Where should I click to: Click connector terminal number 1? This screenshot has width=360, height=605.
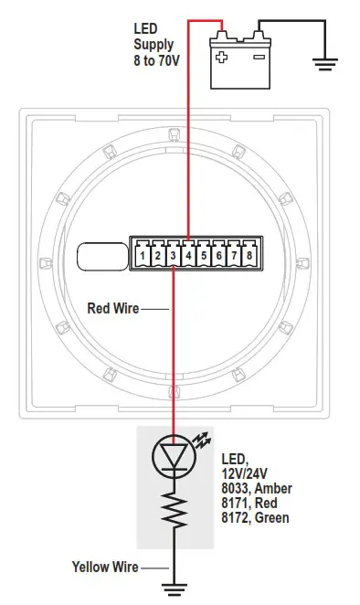[143, 257]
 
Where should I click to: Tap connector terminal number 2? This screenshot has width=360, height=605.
[158, 257]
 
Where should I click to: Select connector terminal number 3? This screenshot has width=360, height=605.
[174, 257]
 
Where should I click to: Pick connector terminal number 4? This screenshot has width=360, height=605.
[188, 257]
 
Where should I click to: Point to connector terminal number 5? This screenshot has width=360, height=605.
[204, 257]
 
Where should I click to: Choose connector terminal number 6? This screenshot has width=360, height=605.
[218, 257]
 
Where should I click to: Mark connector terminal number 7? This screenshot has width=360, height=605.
[234, 257]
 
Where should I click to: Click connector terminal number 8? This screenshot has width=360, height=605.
[249, 257]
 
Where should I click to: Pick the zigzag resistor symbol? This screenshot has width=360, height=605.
[173, 514]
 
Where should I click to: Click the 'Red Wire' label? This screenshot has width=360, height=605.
[112, 308]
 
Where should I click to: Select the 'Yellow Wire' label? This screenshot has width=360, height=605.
[105, 568]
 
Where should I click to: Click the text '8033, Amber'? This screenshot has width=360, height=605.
[257, 488]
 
